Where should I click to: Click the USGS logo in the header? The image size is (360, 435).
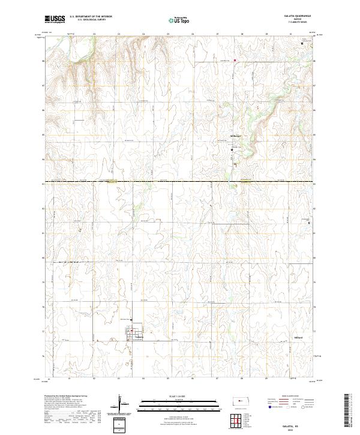[x=55, y=20]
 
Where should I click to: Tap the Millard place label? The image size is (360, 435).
[x=298, y=338]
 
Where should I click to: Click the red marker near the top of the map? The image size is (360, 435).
[x=235, y=60]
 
